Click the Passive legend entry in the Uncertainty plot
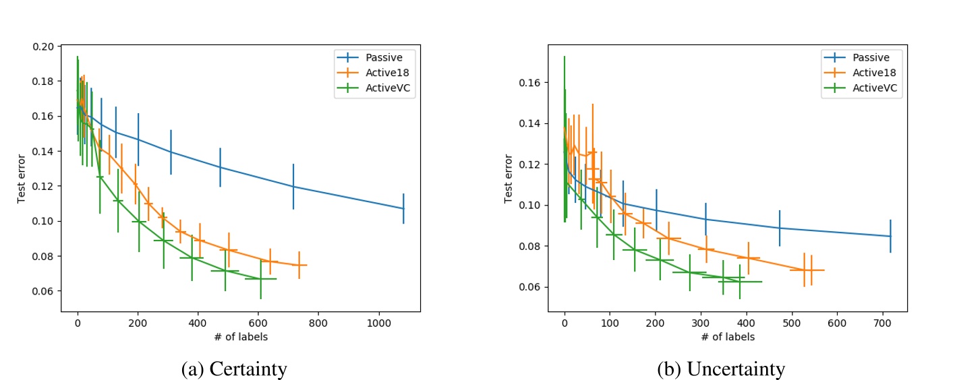875,57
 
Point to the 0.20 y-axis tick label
46,46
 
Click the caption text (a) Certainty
234,369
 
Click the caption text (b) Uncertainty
721,369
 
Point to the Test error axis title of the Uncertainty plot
509,179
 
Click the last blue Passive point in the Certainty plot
403,208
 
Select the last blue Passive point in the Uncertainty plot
890,236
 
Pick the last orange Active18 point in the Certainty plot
299,265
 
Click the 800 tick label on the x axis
318,323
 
